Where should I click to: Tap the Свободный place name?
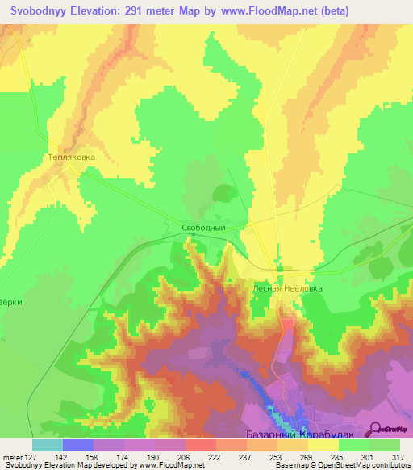[x=202, y=229]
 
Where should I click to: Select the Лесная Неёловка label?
[x=287, y=287]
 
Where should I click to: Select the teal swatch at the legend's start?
[x=47, y=445]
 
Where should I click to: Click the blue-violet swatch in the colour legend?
[x=77, y=445]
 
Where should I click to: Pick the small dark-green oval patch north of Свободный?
[x=223, y=193]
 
